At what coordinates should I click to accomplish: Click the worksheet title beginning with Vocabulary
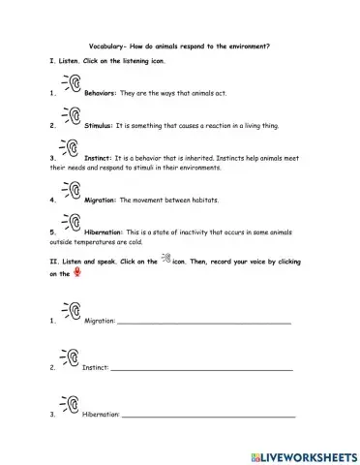click(x=180, y=46)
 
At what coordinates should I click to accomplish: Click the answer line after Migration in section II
click(x=203, y=323)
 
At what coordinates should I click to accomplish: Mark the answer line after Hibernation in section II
click(x=208, y=415)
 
